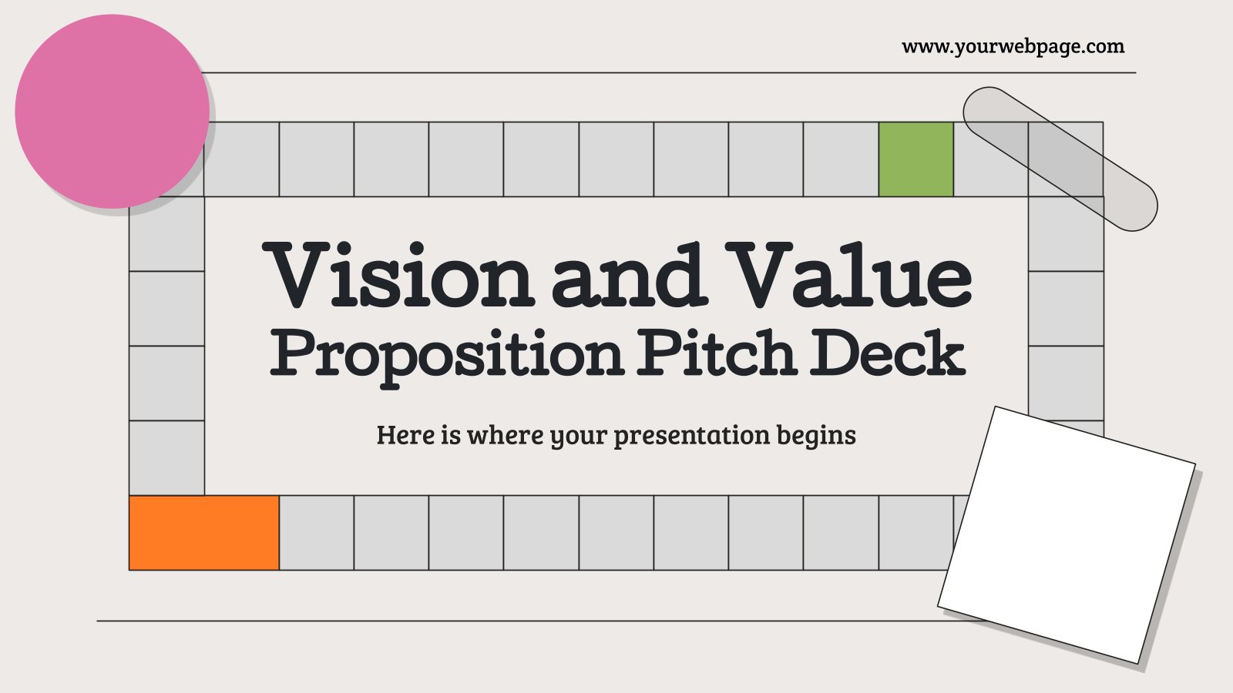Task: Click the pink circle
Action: coord(112,112)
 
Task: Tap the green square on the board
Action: coord(916,159)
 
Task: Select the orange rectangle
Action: coord(204,532)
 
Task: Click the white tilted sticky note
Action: coord(1067,534)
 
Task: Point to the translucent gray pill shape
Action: coord(1060,159)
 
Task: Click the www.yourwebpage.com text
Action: coord(1013,47)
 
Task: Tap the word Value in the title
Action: coord(848,275)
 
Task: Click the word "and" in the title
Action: coord(630,275)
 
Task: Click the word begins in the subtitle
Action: coord(816,436)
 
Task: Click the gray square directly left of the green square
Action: coord(841,159)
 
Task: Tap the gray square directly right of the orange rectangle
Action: coord(317,532)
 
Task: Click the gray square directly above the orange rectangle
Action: coord(166,457)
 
